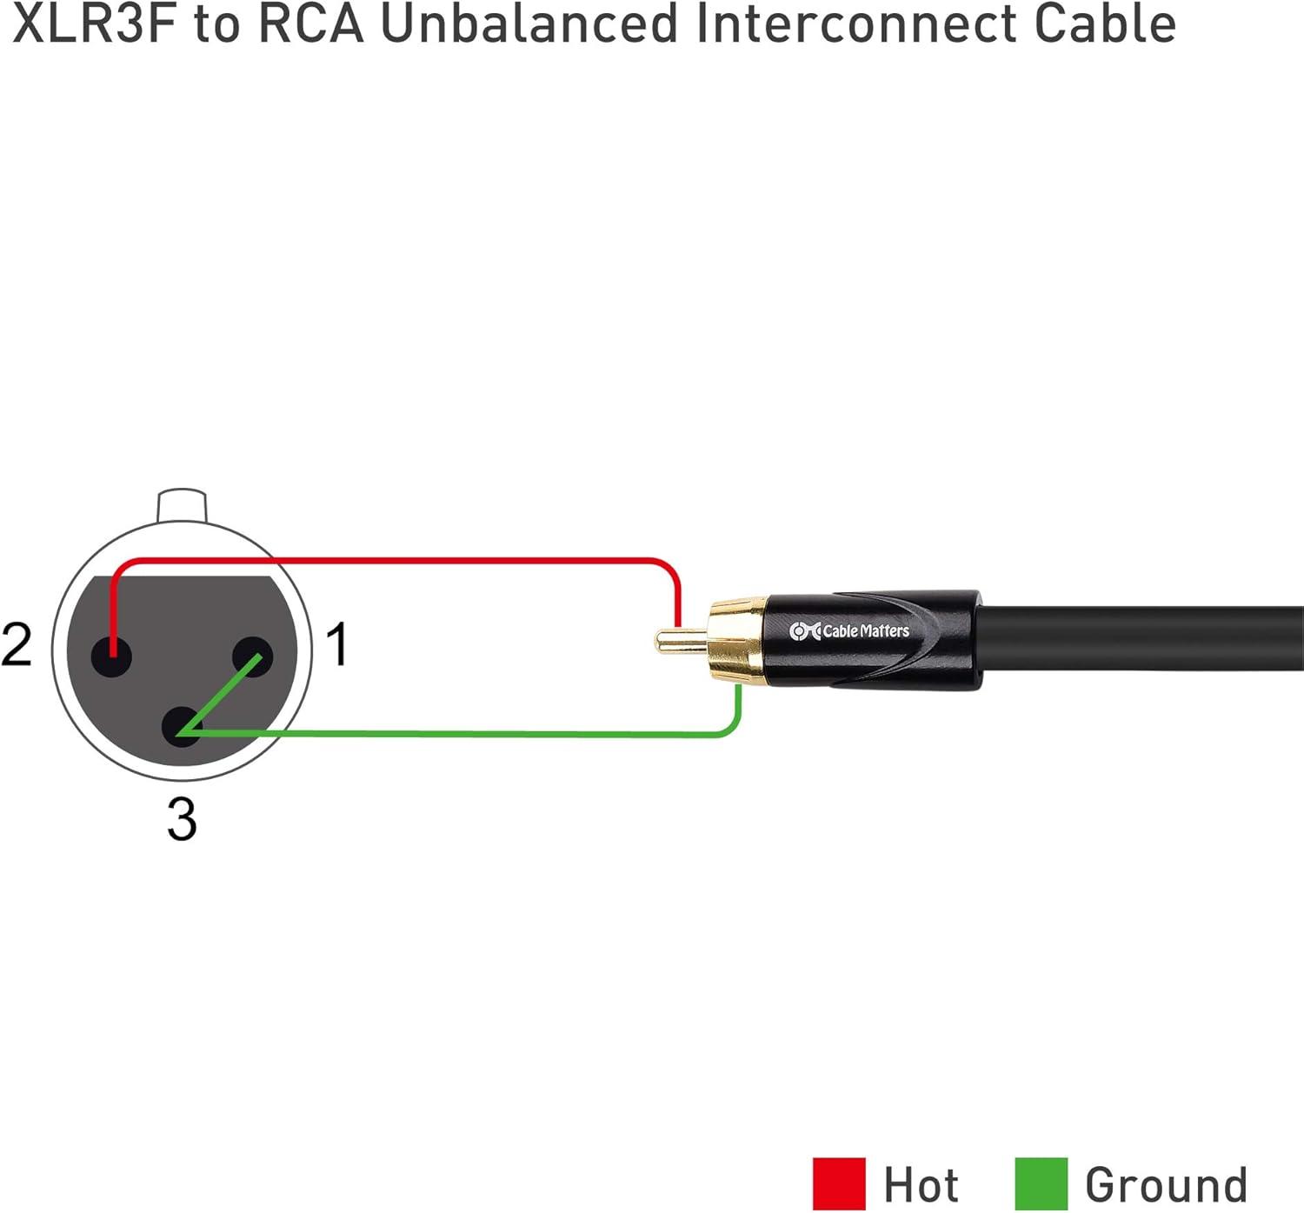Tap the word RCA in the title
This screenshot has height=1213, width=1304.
click(x=311, y=23)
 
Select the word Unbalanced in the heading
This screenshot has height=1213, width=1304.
click(x=529, y=23)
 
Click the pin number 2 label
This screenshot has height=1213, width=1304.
click(x=17, y=644)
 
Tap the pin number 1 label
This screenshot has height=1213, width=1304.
click(x=337, y=644)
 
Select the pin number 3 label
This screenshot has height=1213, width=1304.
click(x=182, y=819)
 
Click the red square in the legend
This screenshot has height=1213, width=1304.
click(x=838, y=1183)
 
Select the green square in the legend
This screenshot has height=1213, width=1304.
click(x=1041, y=1183)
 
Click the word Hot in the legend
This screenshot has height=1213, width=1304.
click(x=921, y=1184)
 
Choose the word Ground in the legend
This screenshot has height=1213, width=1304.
click(x=1166, y=1184)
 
